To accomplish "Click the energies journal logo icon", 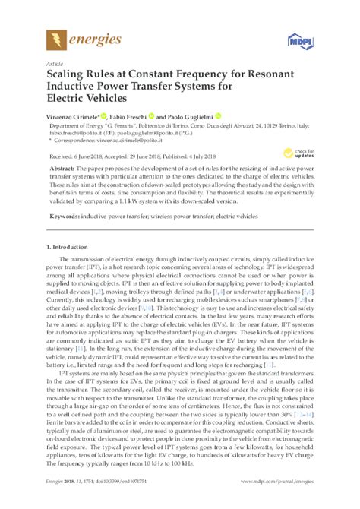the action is [55, 39].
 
